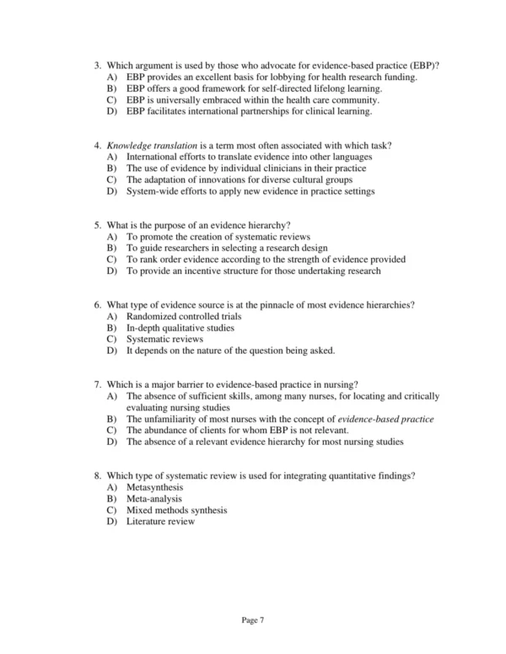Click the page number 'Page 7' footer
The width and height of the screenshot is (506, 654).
coord(253,619)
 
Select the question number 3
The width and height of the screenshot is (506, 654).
coord(97,66)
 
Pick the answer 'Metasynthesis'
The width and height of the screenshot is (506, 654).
coord(155,488)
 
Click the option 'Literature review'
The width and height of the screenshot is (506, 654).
coord(160,521)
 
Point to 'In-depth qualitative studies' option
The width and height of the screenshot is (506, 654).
coord(180,328)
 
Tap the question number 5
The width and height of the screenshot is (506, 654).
coord(97,226)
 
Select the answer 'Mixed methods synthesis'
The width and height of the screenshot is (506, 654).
coord(176,510)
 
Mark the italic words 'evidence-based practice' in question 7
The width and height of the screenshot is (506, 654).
coord(386,419)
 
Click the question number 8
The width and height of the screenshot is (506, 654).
coord(97,476)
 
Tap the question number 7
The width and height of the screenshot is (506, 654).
coord(97,385)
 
